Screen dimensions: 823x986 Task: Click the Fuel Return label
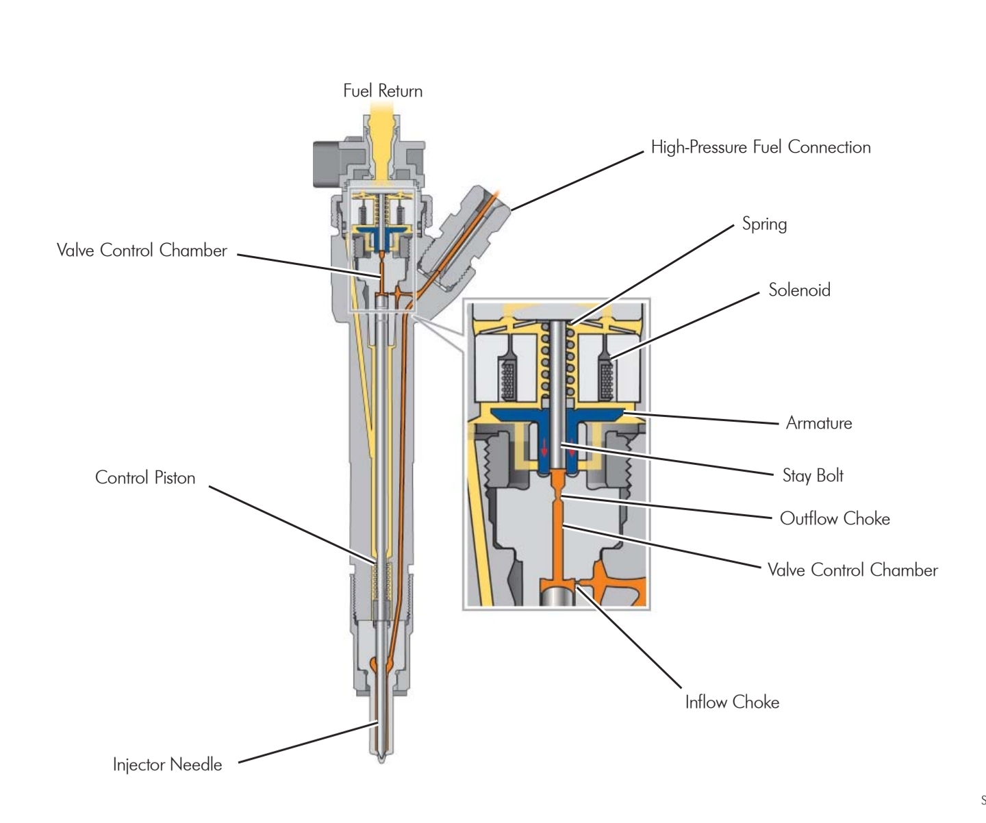383,91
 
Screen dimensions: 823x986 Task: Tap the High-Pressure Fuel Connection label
760,147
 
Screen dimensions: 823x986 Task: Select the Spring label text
764,224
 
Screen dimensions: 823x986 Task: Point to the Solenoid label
799,290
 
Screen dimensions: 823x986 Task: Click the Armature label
818,423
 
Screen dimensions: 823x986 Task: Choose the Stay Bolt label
813,476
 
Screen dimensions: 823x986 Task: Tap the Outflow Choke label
835,518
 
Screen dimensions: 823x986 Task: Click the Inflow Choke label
732,702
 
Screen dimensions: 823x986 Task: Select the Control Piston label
145,477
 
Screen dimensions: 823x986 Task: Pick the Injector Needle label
167,764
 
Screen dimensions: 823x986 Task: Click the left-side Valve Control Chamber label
142,251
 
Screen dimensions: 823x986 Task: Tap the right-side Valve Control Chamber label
852,570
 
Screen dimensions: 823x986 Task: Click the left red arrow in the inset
545,448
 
